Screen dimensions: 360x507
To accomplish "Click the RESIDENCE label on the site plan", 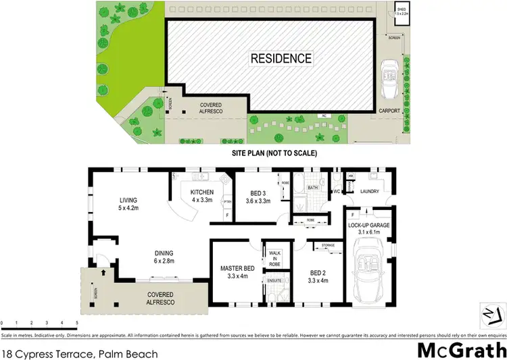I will (281, 59).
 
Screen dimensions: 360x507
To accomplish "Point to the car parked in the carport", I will (390, 79).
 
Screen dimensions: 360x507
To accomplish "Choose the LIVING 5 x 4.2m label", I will (128, 204).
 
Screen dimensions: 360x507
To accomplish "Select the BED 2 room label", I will (317, 276).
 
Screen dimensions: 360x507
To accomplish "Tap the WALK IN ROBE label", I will (274, 259).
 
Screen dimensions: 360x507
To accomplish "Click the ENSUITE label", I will (274, 280).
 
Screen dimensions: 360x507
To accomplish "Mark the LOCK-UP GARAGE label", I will (368, 228).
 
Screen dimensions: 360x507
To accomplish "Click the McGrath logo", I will (461, 350).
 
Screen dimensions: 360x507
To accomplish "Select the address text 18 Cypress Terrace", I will (80, 353).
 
